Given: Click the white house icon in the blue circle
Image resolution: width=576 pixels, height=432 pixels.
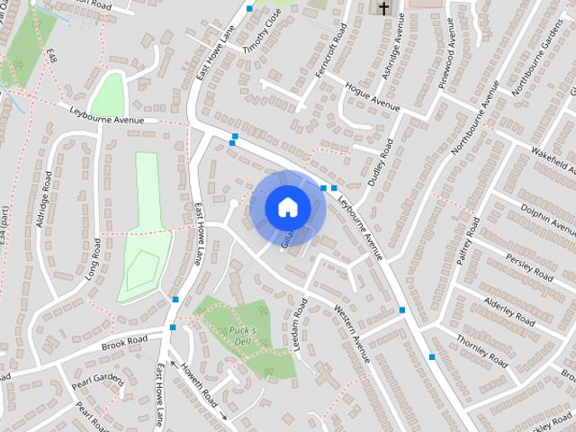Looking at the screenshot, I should [287, 207].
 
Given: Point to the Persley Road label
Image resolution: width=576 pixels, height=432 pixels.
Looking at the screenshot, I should [529, 265].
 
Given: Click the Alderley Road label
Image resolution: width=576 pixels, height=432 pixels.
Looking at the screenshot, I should [509, 310].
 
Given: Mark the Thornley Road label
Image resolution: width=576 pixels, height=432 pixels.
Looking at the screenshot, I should [482, 352].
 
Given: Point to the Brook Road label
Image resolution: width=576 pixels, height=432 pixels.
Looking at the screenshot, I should [124, 343].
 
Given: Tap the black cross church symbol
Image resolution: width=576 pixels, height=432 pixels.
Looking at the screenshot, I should [383, 8].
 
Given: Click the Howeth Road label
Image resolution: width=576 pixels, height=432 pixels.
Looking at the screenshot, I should [197, 383].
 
